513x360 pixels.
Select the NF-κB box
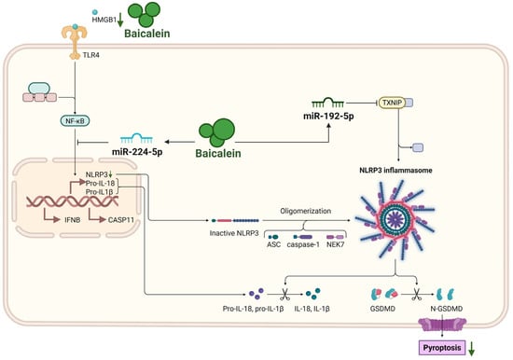click(75, 120)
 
